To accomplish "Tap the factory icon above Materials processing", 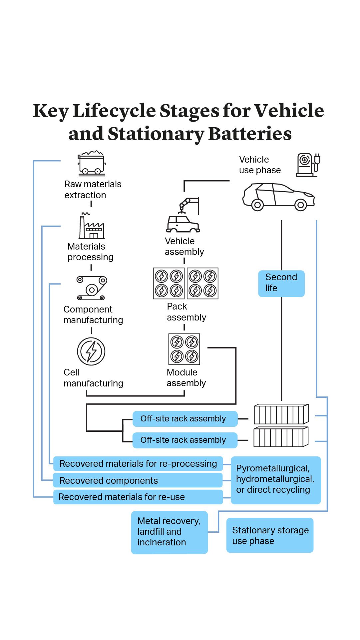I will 92,227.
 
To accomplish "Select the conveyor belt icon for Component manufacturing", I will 92,288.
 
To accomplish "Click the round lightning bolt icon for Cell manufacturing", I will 91,351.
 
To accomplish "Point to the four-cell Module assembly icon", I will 184,349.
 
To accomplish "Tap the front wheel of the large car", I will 300,205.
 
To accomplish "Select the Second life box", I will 281,283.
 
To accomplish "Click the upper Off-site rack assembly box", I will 185,419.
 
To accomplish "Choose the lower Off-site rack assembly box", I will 185,440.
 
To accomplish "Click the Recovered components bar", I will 138,480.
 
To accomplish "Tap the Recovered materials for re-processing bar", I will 138,464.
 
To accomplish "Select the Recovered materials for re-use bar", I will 138,497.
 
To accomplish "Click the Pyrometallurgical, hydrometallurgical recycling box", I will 276,480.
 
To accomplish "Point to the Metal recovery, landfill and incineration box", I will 169,532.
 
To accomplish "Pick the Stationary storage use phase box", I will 270,535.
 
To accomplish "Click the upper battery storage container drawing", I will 281,414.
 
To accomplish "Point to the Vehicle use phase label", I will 260,165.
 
